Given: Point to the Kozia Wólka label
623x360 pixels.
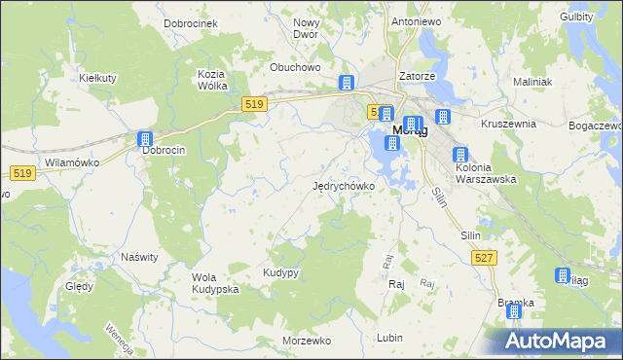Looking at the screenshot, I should click(x=212, y=80).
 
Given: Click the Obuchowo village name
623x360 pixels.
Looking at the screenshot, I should click(x=295, y=67).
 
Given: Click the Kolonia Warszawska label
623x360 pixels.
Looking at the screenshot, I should click(x=485, y=172).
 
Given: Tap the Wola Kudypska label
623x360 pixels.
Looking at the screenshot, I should click(x=215, y=283).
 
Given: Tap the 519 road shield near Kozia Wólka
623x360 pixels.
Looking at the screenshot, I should click(x=255, y=103).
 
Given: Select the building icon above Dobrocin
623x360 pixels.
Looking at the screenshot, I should click(x=145, y=140).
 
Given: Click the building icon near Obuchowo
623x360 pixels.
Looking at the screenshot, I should click(x=346, y=83).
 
